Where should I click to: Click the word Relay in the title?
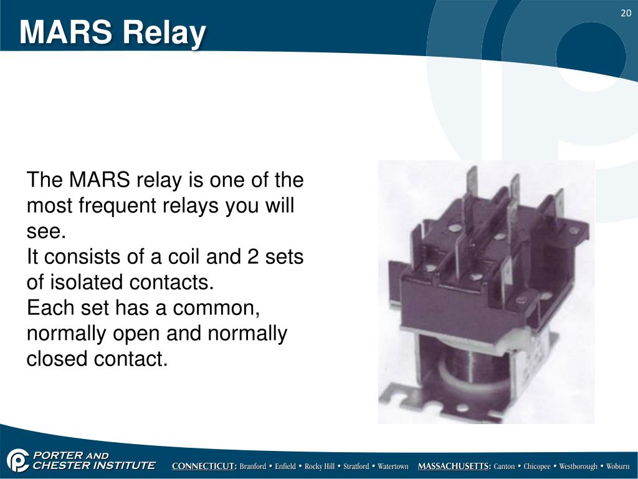pos(164,32)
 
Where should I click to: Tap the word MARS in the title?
pos(65,32)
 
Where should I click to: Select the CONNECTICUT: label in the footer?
pos(204,467)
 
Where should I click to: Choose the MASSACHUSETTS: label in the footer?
pos(454,467)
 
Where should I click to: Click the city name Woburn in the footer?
pos(618,467)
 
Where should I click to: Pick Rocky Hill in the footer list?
pos(319,467)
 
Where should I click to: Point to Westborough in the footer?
pos(579,467)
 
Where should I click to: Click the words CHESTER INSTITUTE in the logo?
pos(93,465)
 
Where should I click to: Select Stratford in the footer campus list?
pos(356,467)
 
